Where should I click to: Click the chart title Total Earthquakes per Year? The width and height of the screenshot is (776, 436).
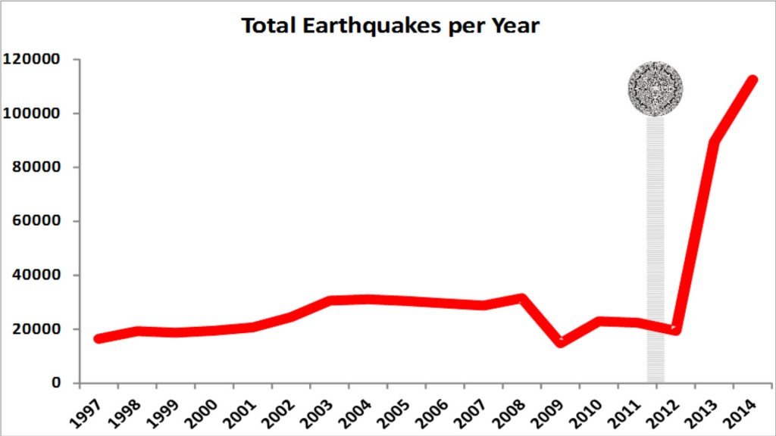click(390, 26)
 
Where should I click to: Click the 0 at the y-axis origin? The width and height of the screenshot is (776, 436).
click(55, 383)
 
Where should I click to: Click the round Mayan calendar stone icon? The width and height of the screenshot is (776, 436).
click(656, 89)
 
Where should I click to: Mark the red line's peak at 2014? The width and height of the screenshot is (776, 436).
click(753, 80)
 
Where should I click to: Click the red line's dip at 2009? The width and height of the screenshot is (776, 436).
click(561, 342)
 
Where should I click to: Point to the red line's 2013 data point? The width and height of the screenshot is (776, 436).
click(714, 142)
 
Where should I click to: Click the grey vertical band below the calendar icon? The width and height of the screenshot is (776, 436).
click(656, 250)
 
